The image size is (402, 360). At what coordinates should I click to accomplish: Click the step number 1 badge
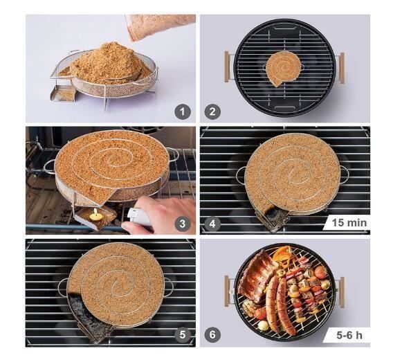coord(182,112)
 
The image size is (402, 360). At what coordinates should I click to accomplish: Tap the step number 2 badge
coord(212,112)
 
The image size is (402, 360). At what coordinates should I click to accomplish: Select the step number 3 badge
coord(182,224)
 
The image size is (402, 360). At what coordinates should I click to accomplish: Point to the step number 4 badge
coord(212,224)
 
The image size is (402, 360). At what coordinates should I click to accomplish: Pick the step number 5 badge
coord(182,334)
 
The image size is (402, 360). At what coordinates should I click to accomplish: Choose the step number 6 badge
coord(212,334)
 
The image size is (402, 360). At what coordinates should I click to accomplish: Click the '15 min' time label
coord(349,223)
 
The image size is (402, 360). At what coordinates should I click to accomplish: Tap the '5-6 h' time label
coord(349,335)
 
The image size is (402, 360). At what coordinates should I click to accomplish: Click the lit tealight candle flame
coord(95,212)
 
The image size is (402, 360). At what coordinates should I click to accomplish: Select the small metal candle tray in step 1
coord(62,93)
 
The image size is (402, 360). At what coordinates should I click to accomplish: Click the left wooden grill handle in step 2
coord(227,66)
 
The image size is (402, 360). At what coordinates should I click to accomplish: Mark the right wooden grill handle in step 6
coord(342,291)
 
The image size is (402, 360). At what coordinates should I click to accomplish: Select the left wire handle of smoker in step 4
coord(240,175)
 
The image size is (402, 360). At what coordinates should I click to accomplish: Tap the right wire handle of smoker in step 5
coord(169,287)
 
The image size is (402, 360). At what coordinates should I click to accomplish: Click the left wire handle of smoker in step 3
coord(49,166)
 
